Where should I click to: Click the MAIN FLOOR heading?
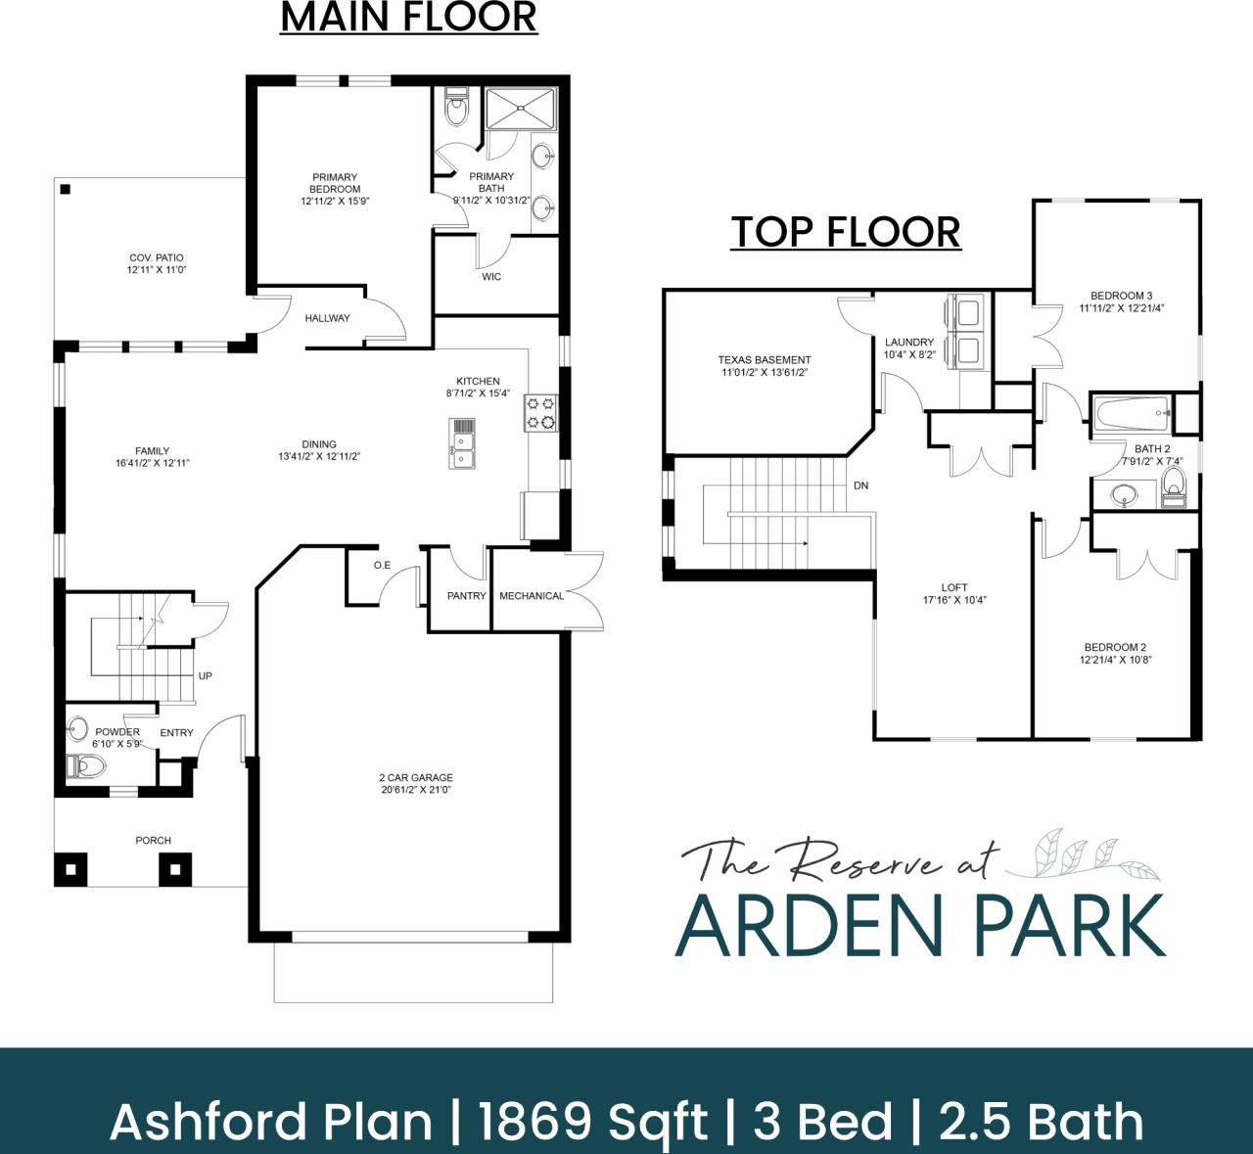(x=408, y=18)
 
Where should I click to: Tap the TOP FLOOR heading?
(x=846, y=232)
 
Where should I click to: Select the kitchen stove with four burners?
(x=541, y=413)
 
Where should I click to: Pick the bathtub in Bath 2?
(x=1132, y=413)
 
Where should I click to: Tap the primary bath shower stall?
(x=521, y=108)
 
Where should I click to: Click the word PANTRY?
(x=466, y=596)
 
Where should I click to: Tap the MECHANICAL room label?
(x=532, y=596)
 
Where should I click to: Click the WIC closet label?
(x=491, y=277)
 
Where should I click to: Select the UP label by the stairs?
(x=206, y=676)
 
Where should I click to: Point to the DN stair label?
(x=860, y=485)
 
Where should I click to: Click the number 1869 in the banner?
(x=534, y=1122)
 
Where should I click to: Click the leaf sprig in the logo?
(x=1082, y=855)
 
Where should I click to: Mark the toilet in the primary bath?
(x=456, y=109)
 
